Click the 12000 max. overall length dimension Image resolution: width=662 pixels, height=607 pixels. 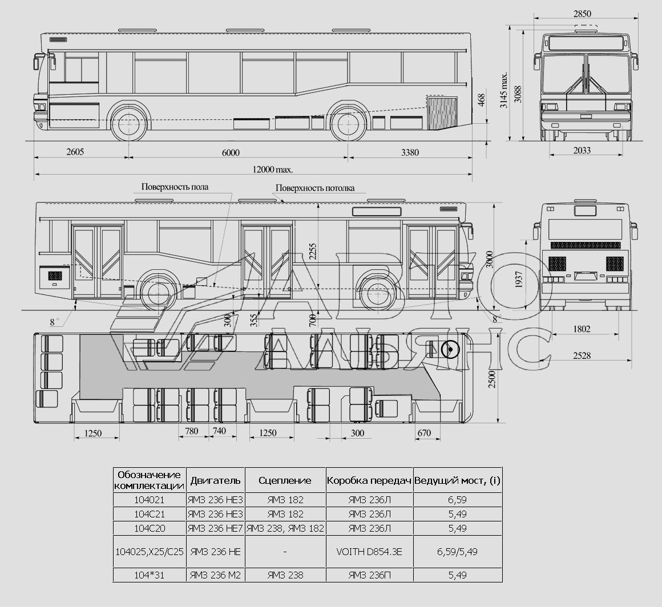[273, 169]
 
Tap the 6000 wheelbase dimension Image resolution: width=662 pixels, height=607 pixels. [231, 152]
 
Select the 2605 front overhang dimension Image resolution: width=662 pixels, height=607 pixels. [75, 152]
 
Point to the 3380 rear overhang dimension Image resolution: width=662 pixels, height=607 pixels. [410, 152]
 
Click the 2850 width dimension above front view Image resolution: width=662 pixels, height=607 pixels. [582, 14]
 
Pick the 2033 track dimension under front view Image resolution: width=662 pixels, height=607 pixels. [582, 150]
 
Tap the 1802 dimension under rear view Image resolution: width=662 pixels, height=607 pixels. [582, 329]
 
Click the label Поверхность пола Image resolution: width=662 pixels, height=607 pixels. [175, 187]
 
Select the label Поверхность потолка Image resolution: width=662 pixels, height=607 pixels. [315, 188]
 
